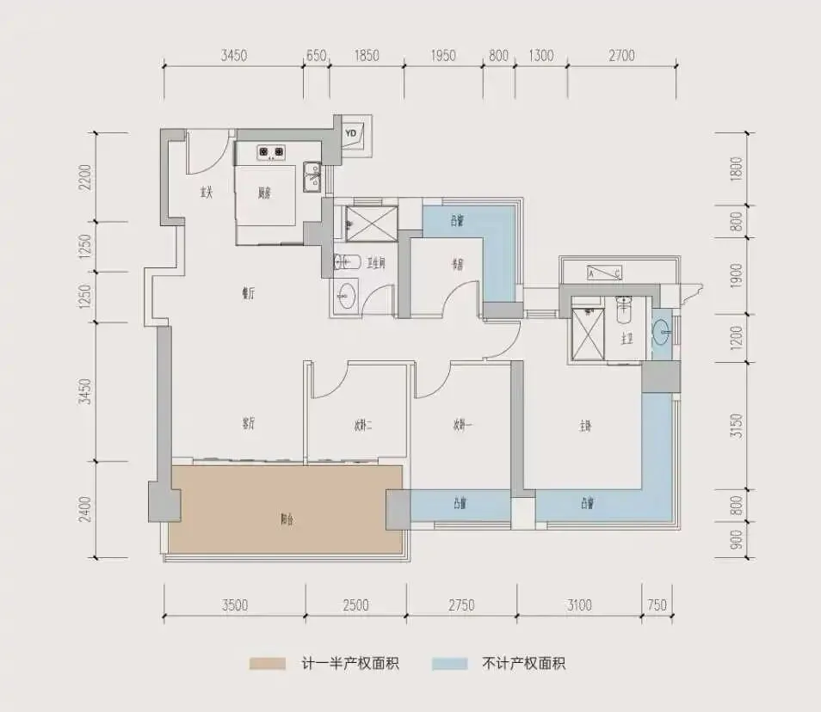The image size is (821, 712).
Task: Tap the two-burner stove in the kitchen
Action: tap(272, 155)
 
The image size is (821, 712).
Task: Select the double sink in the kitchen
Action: tap(313, 175)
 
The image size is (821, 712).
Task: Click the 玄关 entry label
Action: tap(207, 193)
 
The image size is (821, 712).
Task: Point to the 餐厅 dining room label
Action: tap(248, 293)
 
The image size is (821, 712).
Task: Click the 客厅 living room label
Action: tap(250, 424)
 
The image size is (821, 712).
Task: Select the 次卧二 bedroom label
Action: tap(362, 425)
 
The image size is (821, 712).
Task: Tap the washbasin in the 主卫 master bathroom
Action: tap(661, 331)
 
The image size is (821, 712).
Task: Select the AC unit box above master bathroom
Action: tap(604, 273)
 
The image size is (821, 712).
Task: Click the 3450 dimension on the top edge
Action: tap(233, 56)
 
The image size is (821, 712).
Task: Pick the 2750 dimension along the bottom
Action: tap(460, 605)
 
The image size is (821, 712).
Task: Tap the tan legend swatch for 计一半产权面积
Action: tap(267, 664)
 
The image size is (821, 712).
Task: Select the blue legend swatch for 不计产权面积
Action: tap(450, 664)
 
